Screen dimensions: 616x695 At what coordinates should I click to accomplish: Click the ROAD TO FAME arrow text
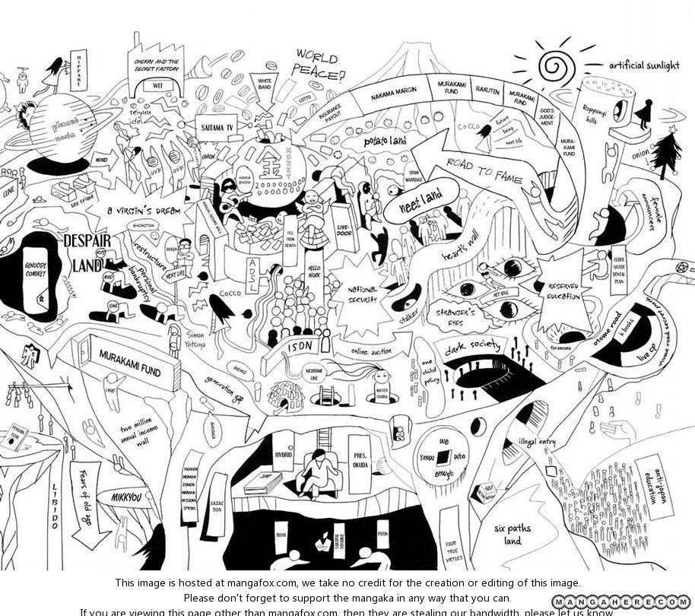point(484,172)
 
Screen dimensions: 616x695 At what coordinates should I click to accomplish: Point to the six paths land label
point(513,534)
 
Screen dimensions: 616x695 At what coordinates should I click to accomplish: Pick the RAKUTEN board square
point(487,90)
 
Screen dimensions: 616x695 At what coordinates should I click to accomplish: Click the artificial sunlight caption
point(643,65)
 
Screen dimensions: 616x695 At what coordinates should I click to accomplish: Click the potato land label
point(385,141)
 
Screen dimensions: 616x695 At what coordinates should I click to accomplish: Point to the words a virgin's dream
point(144,211)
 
